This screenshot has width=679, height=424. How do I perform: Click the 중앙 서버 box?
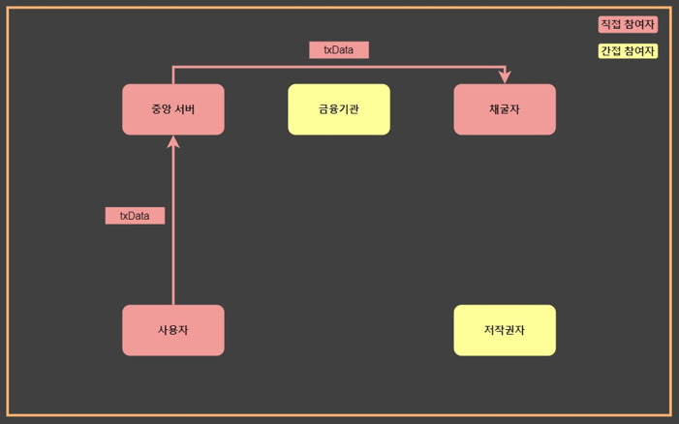tap(172, 109)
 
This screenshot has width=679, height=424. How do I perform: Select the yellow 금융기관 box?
tap(339, 109)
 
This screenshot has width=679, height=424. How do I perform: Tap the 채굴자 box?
tap(505, 109)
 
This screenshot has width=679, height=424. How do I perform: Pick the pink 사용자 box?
tap(172, 330)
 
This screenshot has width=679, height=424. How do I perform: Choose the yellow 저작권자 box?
tap(505, 330)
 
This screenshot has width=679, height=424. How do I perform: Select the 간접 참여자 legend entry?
tap(628, 51)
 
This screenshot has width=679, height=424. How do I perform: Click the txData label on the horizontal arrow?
tap(339, 49)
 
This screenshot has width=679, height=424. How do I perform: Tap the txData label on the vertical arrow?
tap(135, 216)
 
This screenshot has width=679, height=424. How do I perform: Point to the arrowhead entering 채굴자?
tap(505, 77)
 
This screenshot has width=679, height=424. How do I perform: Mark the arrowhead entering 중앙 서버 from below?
tap(173, 141)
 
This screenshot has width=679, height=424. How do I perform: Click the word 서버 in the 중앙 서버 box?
tap(184, 109)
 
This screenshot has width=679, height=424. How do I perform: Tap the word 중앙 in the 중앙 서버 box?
tap(160, 109)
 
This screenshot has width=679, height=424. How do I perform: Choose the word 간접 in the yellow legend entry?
tap(611, 51)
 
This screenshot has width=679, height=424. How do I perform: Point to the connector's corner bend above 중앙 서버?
tap(173, 68)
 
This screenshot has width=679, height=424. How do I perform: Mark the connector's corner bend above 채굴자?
tap(505, 68)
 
